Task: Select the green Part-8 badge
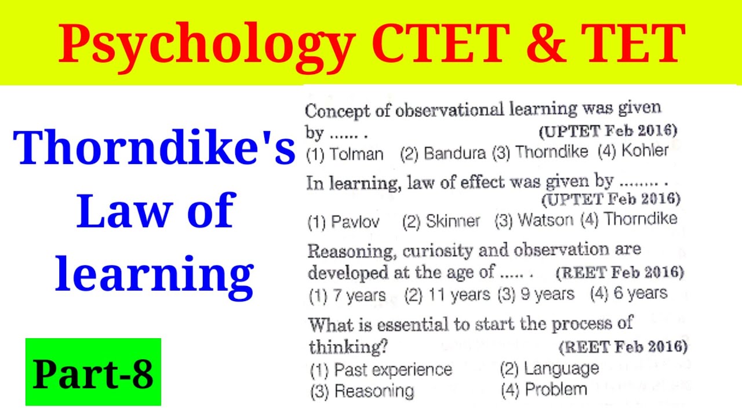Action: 93,372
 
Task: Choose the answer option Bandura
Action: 454,153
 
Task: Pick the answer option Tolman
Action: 356,154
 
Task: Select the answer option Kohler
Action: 645,151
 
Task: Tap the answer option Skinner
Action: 452,221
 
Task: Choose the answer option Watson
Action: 545,220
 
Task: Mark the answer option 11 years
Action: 458,295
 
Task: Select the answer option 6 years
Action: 640,294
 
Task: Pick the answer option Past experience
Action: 392,370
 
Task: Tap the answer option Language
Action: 561,368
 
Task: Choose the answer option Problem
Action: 555,390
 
